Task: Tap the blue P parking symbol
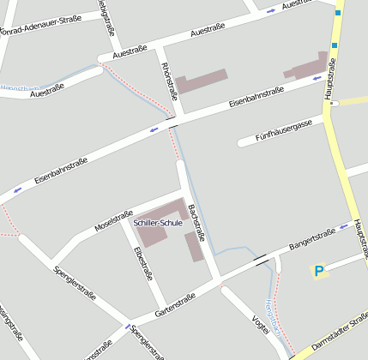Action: (x=319, y=272)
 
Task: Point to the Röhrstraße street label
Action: (x=167, y=80)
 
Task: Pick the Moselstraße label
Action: (x=114, y=221)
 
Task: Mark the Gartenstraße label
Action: (x=175, y=307)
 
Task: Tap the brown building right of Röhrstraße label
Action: (x=202, y=81)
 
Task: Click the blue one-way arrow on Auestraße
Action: (x=271, y=10)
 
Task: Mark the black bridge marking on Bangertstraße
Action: (x=260, y=256)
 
